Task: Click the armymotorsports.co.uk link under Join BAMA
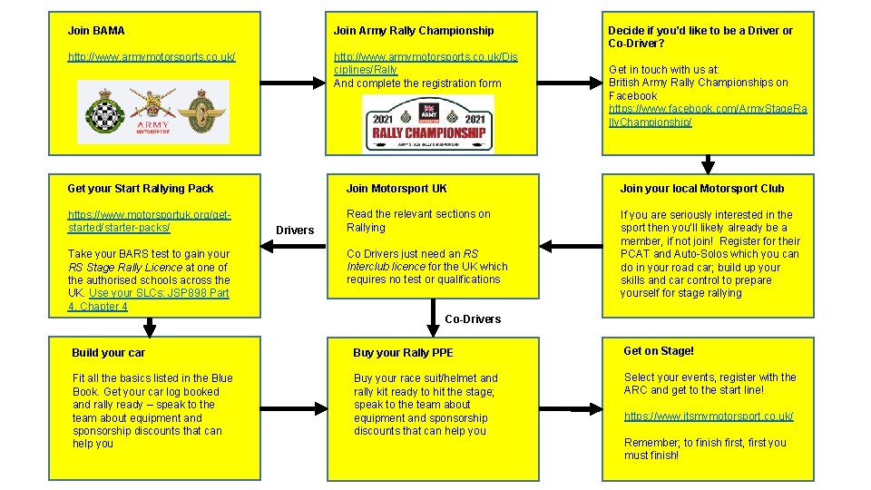click(x=152, y=56)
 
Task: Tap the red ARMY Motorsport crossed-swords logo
click(x=152, y=112)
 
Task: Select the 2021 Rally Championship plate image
click(x=428, y=124)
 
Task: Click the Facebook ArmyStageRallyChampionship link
click(x=708, y=115)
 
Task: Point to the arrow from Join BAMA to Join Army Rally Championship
click(x=293, y=83)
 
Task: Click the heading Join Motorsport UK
click(x=396, y=189)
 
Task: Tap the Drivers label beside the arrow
click(x=295, y=230)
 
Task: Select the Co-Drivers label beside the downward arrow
click(x=473, y=318)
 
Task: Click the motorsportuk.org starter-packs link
click(x=149, y=221)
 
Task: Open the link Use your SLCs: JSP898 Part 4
click(x=148, y=299)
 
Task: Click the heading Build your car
click(x=108, y=352)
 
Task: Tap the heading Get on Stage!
click(x=659, y=350)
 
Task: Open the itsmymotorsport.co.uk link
click(x=709, y=416)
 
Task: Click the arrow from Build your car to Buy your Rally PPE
click(x=294, y=409)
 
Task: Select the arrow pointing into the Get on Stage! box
click(x=571, y=409)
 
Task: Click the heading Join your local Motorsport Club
click(x=702, y=189)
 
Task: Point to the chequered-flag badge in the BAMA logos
click(x=105, y=112)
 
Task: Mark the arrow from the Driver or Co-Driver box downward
click(x=708, y=164)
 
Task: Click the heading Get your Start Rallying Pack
click(x=141, y=189)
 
